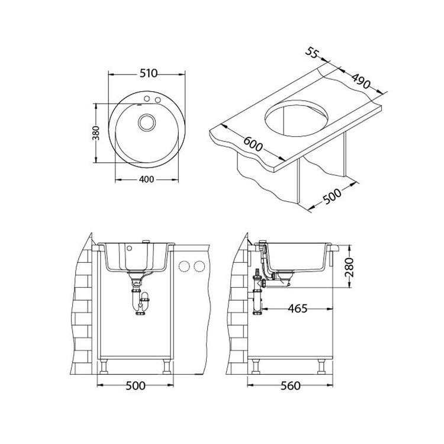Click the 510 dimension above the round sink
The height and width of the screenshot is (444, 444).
(x=148, y=73)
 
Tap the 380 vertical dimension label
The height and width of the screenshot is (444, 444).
(x=97, y=133)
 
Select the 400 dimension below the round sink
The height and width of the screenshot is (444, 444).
(x=147, y=179)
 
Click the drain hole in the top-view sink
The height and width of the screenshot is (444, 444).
(x=147, y=123)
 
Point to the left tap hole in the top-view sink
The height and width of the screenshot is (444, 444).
(x=147, y=98)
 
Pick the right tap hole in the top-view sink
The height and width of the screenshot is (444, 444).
(x=157, y=100)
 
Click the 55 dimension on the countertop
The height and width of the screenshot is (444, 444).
(x=312, y=53)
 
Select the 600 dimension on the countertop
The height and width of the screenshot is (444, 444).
(x=253, y=144)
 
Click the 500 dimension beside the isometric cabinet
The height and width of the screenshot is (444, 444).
(x=332, y=196)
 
